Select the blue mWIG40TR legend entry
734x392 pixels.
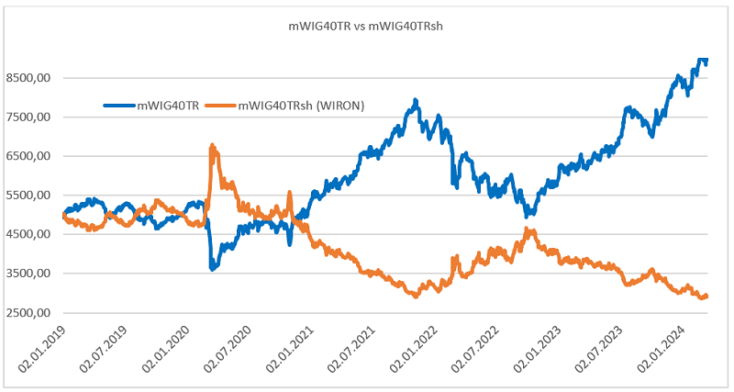click(x=156, y=106)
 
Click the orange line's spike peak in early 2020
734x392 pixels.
click(x=213, y=145)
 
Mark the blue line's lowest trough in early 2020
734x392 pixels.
click(x=213, y=268)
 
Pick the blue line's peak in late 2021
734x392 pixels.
click(x=416, y=100)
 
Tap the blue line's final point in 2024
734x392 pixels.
click(x=706, y=61)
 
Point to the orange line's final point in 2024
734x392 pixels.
click(x=706, y=296)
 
